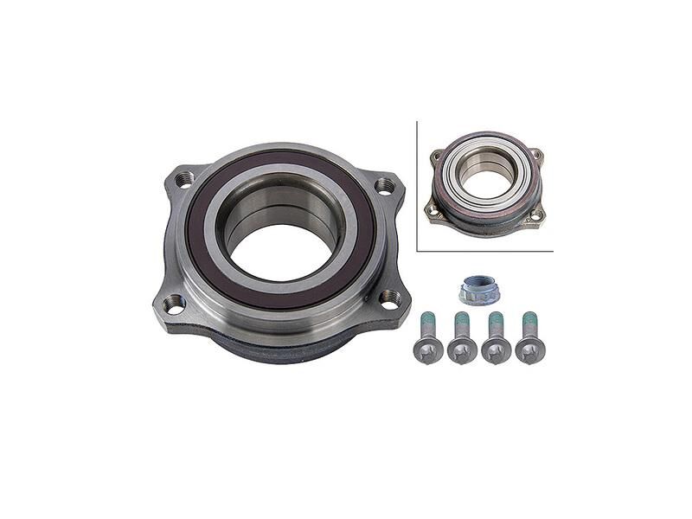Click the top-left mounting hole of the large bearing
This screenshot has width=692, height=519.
[183, 180]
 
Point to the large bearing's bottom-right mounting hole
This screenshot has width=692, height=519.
[391, 298]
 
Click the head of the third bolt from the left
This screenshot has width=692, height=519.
[497, 349]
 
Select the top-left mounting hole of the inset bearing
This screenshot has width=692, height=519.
[438, 157]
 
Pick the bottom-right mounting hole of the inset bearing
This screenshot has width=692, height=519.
[537, 213]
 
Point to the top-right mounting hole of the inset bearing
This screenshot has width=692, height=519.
[538, 155]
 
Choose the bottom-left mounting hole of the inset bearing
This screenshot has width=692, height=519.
[431, 208]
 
